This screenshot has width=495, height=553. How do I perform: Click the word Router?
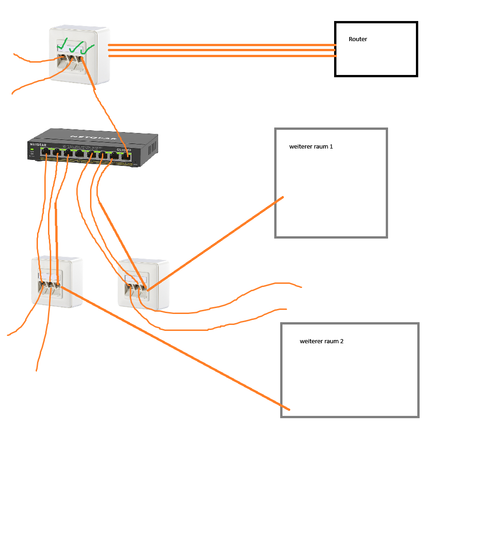pos(357,39)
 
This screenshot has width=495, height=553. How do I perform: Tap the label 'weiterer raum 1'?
pos(311,147)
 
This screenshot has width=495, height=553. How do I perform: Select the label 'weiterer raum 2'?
pos(321,341)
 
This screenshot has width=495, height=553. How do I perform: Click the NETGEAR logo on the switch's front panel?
pos(38,145)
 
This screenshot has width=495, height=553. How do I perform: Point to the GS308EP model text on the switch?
pos(123,150)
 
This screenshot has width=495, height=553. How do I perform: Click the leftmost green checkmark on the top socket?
pos(63,45)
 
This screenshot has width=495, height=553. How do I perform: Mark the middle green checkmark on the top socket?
pos(76,46)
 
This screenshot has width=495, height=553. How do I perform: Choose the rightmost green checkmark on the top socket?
pos(88,48)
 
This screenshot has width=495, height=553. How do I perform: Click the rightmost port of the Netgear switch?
pos(126,156)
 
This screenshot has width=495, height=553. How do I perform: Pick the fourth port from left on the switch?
pos(80,154)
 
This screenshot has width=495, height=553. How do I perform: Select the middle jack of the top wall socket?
pos(71,60)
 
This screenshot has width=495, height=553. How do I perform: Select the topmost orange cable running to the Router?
pos(222,45)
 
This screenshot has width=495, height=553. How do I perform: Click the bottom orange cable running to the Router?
pos(222,56)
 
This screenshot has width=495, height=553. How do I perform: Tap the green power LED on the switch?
pos(32,149)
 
